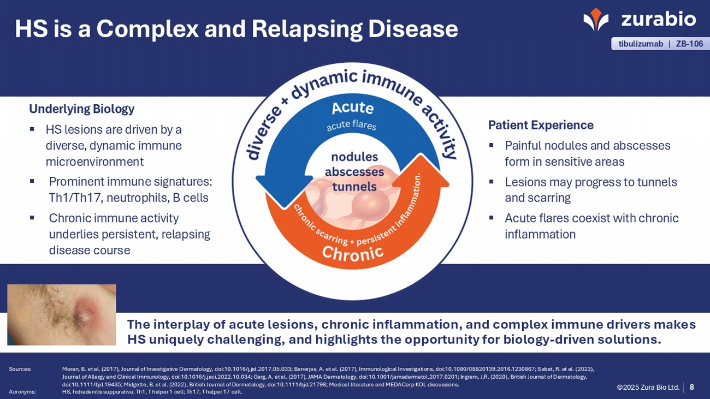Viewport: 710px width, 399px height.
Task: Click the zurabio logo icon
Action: click(x=595, y=19)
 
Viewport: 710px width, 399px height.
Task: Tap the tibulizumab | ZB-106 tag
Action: click(x=660, y=44)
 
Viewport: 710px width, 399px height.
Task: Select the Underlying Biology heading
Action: click(x=81, y=109)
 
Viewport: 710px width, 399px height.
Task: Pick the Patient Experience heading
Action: click(x=540, y=125)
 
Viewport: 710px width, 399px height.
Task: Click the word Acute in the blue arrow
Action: click(x=352, y=107)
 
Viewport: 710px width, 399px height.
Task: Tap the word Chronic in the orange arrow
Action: click(x=352, y=253)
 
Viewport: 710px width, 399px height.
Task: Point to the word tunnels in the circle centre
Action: click(x=354, y=187)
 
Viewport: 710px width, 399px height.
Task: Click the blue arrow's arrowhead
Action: click(x=281, y=192)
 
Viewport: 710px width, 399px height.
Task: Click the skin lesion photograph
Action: click(x=62, y=314)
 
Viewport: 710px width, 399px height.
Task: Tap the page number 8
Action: click(x=691, y=387)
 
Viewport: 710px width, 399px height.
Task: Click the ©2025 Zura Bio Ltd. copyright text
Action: click(x=648, y=387)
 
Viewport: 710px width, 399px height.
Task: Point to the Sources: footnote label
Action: click(x=20, y=369)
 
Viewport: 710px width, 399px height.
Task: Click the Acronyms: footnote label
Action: click(x=22, y=391)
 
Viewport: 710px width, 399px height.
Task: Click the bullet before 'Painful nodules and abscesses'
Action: click(x=492, y=145)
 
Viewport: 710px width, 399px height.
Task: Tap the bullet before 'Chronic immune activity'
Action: click(x=32, y=218)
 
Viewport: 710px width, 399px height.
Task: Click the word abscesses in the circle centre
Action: click(x=354, y=172)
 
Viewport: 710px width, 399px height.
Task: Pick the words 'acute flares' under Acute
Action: click(x=351, y=126)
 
